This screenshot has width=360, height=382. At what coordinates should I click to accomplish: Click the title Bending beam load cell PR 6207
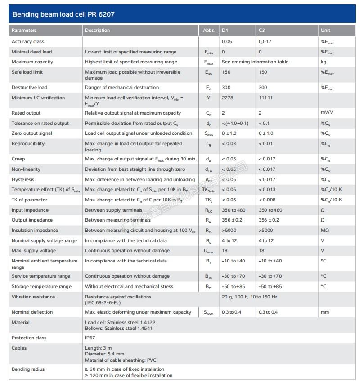coord(63,14)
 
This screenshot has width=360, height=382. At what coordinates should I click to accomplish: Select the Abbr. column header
coord(208,31)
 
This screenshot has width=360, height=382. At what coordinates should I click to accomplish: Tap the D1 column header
coord(225,31)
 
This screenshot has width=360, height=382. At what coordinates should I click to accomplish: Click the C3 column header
coord(262,31)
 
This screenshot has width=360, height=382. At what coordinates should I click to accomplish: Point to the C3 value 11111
coord(265,98)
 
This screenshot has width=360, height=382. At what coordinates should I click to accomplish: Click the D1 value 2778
coord(228,98)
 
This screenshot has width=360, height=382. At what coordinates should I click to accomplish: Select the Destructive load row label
coord(29,87)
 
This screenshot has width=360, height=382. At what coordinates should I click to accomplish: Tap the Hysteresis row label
coord(23,179)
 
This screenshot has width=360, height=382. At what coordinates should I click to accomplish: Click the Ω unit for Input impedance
coord(323,210)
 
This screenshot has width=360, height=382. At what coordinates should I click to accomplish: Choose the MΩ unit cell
coord(324,231)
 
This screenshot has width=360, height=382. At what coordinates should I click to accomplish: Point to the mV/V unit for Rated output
coord(326,113)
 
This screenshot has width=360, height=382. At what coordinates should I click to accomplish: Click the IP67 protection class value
coord(91,338)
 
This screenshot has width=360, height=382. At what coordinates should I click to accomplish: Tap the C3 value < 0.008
coord(267,200)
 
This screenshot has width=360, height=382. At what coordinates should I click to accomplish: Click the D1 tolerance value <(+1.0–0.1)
coord(235,123)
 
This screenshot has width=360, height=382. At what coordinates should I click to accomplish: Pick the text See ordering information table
coord(255,62)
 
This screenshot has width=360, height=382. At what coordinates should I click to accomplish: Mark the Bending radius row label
coord(28,369)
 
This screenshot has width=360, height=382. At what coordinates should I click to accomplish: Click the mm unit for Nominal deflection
coord(324,312)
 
